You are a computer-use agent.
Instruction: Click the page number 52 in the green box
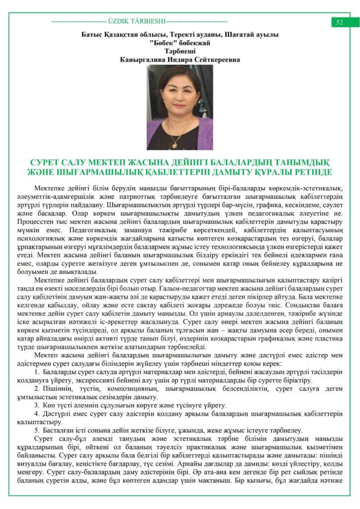340,22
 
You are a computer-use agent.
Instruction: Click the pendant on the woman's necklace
174,144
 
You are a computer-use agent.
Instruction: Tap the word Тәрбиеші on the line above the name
180,51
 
